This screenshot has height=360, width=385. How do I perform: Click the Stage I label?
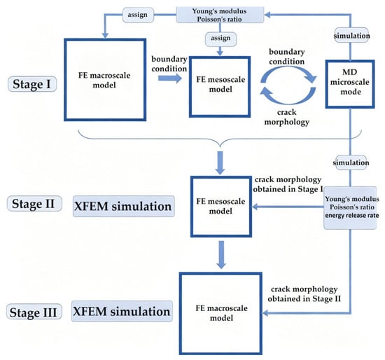click(32, 84)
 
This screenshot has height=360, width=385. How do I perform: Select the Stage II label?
click(34, 204)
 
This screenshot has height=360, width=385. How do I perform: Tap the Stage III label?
click(34, 312)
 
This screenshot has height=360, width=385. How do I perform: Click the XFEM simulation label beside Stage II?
click(123, 206)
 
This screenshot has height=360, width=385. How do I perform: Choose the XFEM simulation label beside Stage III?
click(122, 312)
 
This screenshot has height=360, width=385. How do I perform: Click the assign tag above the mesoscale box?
click(220, 39)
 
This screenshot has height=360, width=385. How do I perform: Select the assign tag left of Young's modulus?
click(138, 15)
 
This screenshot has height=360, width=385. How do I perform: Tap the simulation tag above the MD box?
click(351, 36)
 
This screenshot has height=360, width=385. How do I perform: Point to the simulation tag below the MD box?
click(351, 162)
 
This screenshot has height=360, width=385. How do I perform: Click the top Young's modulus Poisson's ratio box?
click(220, 15)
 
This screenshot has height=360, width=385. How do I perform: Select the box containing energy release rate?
click(350, 207)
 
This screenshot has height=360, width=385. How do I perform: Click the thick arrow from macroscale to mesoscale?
click(170, 78)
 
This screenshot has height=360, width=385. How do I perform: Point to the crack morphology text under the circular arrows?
click(286, 117)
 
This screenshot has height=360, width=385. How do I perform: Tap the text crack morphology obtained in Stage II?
click(304, 293)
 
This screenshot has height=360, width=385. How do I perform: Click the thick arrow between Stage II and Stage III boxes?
click(221, 254)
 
